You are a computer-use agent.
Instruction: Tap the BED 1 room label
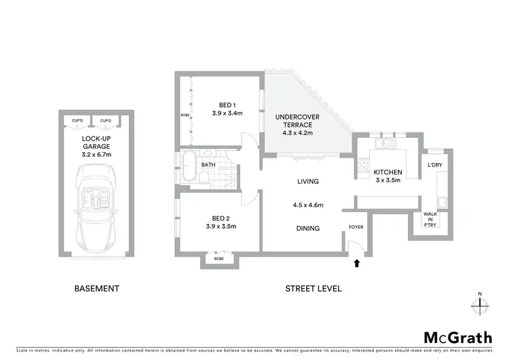pyautogui.click(x=227, y=105)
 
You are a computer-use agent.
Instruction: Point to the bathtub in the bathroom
pyautogui.click(x=188, y=167)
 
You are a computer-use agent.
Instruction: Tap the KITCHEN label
pyautogui.click(x=388, y=173)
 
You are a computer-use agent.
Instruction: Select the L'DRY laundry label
pyautogui.click(x=435, y=166)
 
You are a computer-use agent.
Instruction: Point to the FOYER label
pyautogui.click(x=356, y=228)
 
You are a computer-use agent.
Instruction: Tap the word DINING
pyautogui.click(x=307, y=228)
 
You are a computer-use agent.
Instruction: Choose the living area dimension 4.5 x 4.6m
pyautogui.click(x=307, y=205)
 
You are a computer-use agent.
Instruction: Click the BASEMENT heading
pyautogui.click(x=96, y=288)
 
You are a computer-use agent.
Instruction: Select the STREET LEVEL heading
pyautogui.click(x=312, y=288)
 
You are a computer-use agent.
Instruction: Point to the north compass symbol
pyautogui.click(x=480, y=304)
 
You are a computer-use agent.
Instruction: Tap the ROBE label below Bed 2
pyautogui.click(x=219, y=259)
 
